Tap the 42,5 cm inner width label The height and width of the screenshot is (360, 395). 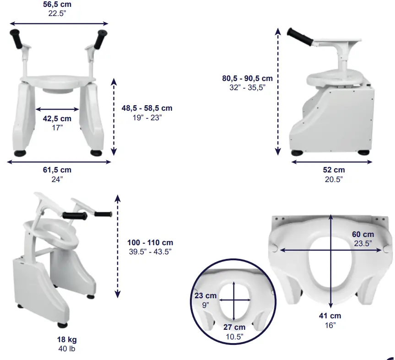coord(57,118)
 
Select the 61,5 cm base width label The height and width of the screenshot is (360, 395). coord(57,170)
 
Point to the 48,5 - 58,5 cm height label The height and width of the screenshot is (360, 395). coord(146,108)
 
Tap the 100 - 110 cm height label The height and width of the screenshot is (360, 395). coord(150,242)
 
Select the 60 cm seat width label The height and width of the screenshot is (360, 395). coord(363,235)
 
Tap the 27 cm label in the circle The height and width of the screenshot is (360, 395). coord(234,328)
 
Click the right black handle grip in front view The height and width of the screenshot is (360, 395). coord(99,39)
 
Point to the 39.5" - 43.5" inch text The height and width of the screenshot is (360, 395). coord(150,252)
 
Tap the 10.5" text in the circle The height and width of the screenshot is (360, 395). coord(234,337)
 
